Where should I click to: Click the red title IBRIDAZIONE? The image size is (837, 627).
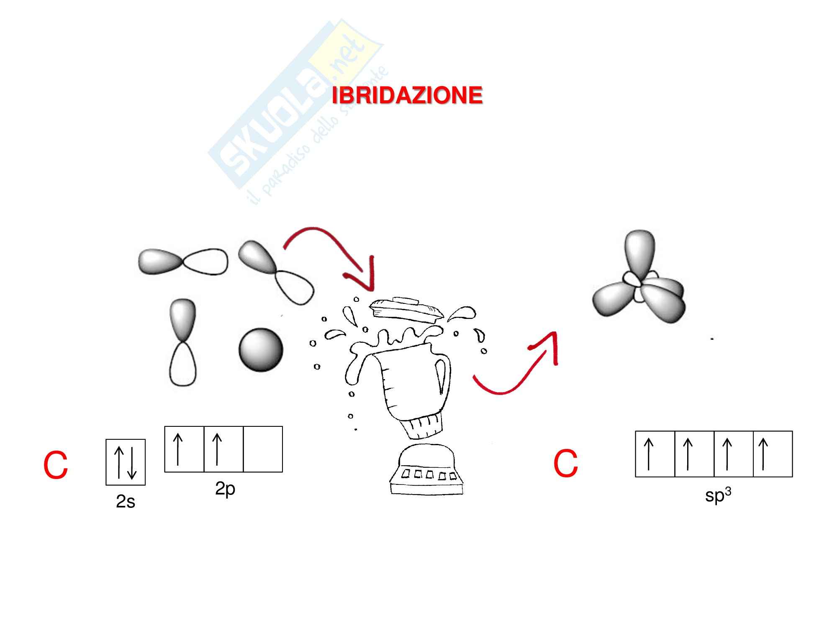[x=407, y=96]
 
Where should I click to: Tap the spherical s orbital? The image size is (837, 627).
[x=261, y=349]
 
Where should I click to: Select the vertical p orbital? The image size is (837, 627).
[x=183, y=342]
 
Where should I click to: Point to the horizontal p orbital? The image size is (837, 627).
[x=183, y=262]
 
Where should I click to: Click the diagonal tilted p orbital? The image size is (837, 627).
[x=276, y=272]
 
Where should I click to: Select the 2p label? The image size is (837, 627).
[x=225, y=488]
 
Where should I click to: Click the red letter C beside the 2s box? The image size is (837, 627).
[x=56, y=465]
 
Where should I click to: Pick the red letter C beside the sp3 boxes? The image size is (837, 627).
[x=565, y=464]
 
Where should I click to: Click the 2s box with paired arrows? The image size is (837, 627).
[x=126, y=462]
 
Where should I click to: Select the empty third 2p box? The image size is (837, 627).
[x=263, y=449]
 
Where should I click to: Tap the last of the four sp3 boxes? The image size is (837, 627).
[x=773, y=454]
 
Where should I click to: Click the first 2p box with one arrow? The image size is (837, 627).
[x=184, y=449]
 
